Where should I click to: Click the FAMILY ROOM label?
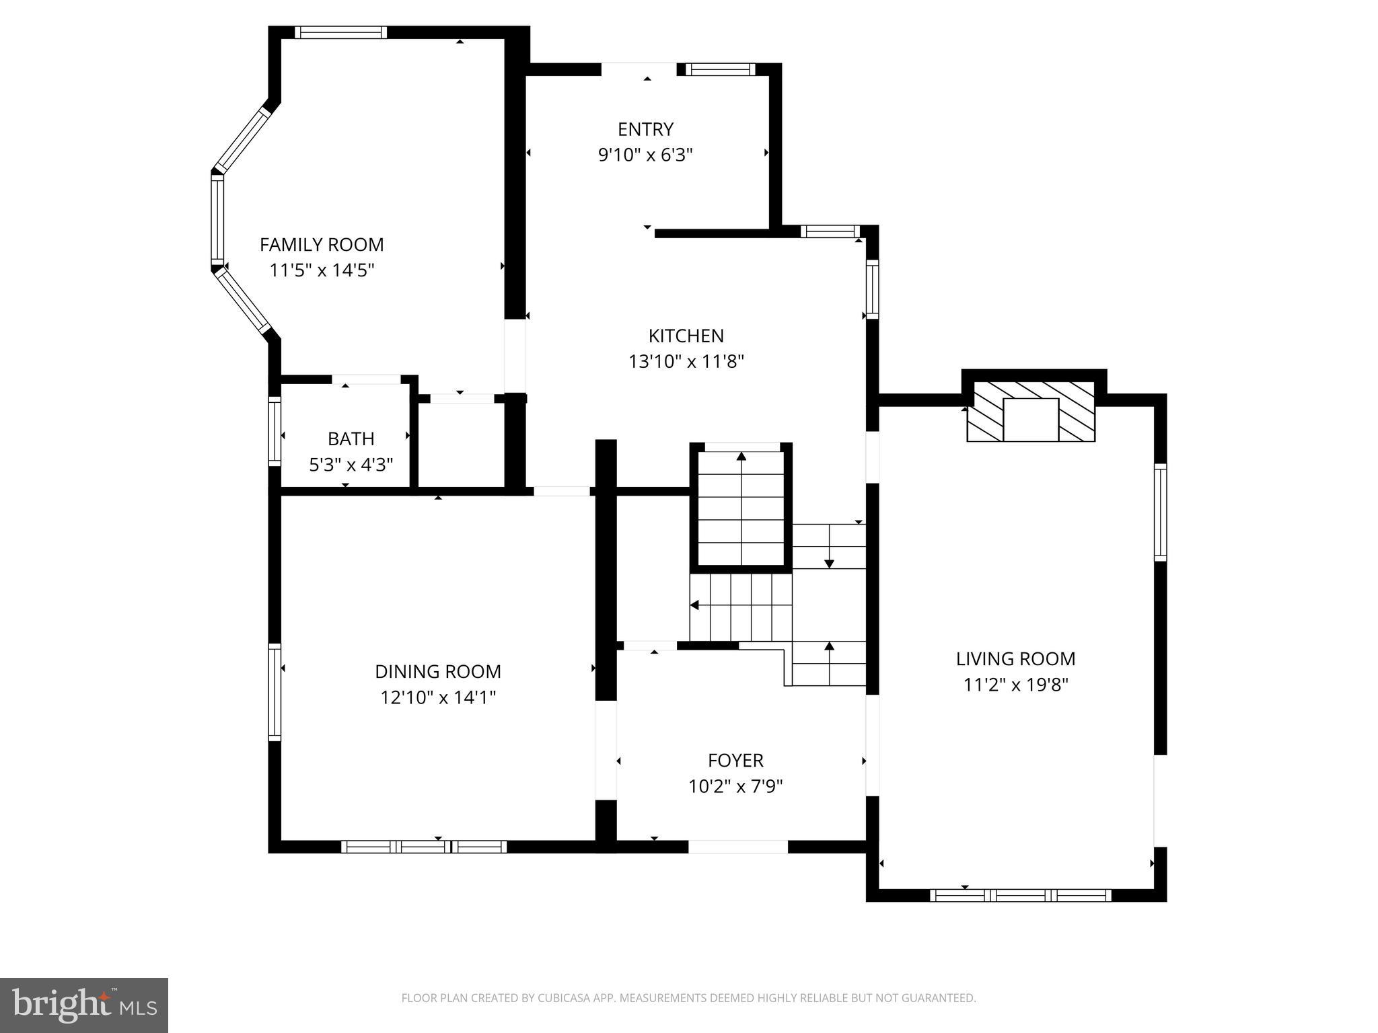(322, 244)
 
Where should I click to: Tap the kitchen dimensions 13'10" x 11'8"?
(686, 362)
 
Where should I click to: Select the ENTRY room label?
(645, 129)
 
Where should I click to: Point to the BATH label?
(351, 438)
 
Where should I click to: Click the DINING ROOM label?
(437, 671)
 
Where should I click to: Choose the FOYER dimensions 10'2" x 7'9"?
(735, 786)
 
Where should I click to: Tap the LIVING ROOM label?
(1015, 658)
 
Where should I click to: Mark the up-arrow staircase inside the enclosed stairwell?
(741, 508)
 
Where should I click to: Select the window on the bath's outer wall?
(275, 430)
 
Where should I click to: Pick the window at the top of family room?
(340, 32)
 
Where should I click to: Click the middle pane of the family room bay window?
(217, 219)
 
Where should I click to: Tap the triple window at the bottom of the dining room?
(424, 847)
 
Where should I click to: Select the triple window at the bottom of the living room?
(1020, 895)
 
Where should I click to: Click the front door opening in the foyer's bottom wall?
(737, 847)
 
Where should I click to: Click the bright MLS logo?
(83, 1005)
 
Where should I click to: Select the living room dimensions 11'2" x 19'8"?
(1015, 685)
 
